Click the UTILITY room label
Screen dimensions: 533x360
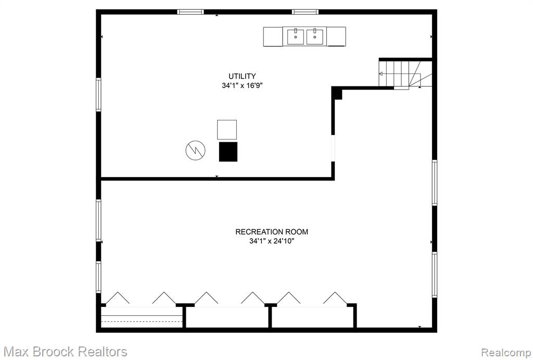pos(242,76)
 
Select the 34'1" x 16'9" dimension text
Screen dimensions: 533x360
pos(243,85)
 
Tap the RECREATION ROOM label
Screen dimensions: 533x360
pos(272,232)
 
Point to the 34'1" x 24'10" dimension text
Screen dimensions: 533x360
pos(272,241)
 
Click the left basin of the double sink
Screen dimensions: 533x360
pos(296,36)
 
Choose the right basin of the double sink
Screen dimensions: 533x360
pos(315,36)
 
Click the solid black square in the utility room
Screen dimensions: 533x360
pos(228,152)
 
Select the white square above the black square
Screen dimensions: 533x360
pos(227,129)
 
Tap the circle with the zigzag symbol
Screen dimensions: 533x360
pos(196,150)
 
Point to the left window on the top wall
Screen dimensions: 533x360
pos(191,12)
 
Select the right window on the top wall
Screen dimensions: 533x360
pos(305,12)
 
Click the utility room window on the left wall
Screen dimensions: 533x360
pos(98,95)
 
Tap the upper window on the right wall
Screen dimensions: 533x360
pos(435,183)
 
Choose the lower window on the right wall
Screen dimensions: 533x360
pos(435,275)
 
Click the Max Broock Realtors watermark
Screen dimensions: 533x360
pos(66,352)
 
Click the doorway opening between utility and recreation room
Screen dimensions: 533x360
pos(333,148)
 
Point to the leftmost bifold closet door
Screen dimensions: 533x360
pos(118,297)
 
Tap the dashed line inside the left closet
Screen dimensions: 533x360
pos(142,321)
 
